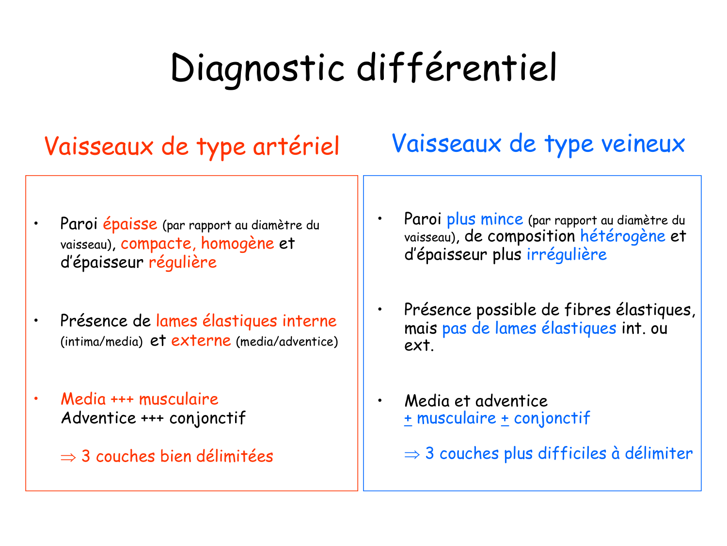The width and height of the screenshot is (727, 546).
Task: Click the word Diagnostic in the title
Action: tap(257, 68)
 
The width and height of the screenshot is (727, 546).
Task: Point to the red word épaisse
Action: tap(130, 224)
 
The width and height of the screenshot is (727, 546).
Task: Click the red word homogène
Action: tap(237, 243)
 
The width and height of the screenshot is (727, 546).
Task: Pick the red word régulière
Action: tap(182, 263)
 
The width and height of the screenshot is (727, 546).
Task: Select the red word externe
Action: tap(201, 341)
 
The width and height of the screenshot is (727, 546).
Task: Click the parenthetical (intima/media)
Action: tap(101, 342)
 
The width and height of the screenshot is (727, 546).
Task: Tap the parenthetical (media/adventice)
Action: tap(287, 342)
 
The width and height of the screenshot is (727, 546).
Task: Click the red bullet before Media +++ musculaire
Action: tap(36, 399)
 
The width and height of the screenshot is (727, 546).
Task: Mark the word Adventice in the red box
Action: tap(98, 418)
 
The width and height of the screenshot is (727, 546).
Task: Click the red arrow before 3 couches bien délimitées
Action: tap(68, 457)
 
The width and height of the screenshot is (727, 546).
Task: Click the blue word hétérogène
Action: tap(622, 237)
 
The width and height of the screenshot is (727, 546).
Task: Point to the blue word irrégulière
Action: tap(566, 255)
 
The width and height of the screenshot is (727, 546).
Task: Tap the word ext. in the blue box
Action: tap(419, 346)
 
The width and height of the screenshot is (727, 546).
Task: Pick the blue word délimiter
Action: tap(658, 453)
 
